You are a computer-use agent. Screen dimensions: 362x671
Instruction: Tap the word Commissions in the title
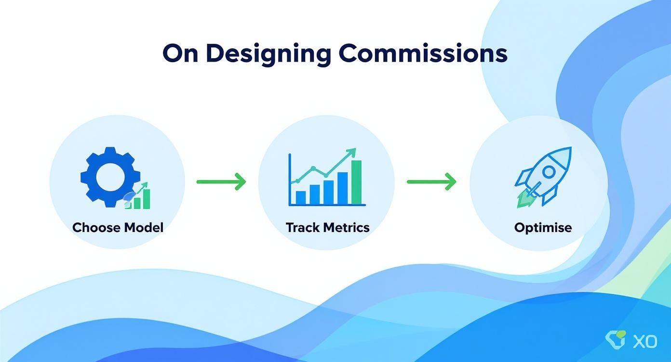[423, 53]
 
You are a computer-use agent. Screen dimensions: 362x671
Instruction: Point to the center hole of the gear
[110, 177]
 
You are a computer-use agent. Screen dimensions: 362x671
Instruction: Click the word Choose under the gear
[96, 227]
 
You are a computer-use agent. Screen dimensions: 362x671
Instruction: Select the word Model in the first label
[143, 227]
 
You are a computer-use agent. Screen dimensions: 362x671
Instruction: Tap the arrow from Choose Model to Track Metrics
[221, 181]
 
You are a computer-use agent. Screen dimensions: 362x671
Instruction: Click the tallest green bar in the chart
[356, 182]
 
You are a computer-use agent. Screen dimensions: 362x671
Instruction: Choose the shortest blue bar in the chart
[300, 197]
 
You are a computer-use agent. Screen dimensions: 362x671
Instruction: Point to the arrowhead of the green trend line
[351, 153]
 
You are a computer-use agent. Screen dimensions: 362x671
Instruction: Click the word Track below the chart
[303, 227]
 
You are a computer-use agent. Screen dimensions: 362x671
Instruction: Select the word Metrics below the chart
[347, 227]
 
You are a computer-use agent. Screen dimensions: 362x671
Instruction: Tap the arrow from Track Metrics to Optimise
[431, 181]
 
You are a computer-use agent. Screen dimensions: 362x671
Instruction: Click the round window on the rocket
[549, 171]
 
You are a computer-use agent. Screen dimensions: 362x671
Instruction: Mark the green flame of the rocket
[523, 199]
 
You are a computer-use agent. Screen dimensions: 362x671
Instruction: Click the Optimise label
[543, 227]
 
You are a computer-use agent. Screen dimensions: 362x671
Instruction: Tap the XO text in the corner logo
[644, 341]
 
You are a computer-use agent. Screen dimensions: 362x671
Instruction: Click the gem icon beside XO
[615, 339]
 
